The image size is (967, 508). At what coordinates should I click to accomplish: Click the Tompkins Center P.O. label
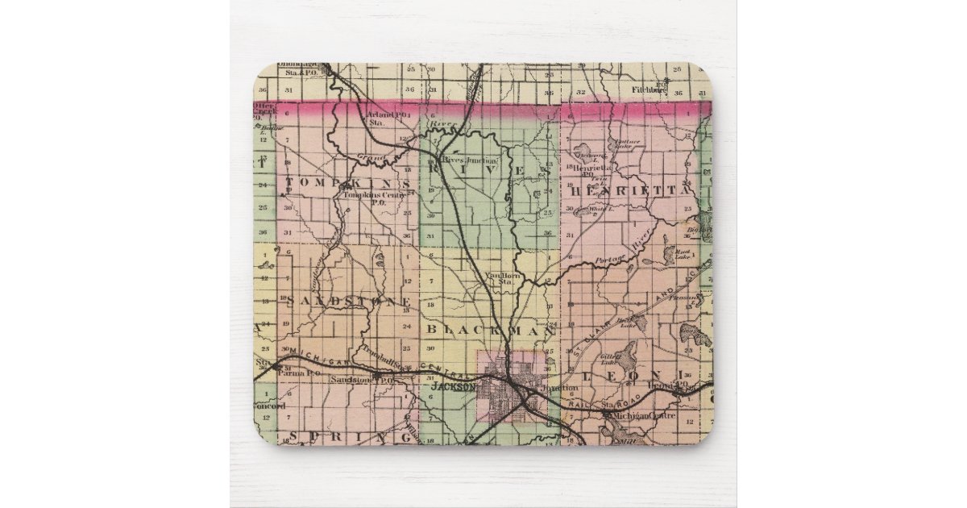point(366,198)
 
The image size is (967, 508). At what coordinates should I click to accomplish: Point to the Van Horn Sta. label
point(503,278)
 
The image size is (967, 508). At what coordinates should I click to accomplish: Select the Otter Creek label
point(264,109)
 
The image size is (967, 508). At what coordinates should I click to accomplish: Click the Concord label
point(269,406)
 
